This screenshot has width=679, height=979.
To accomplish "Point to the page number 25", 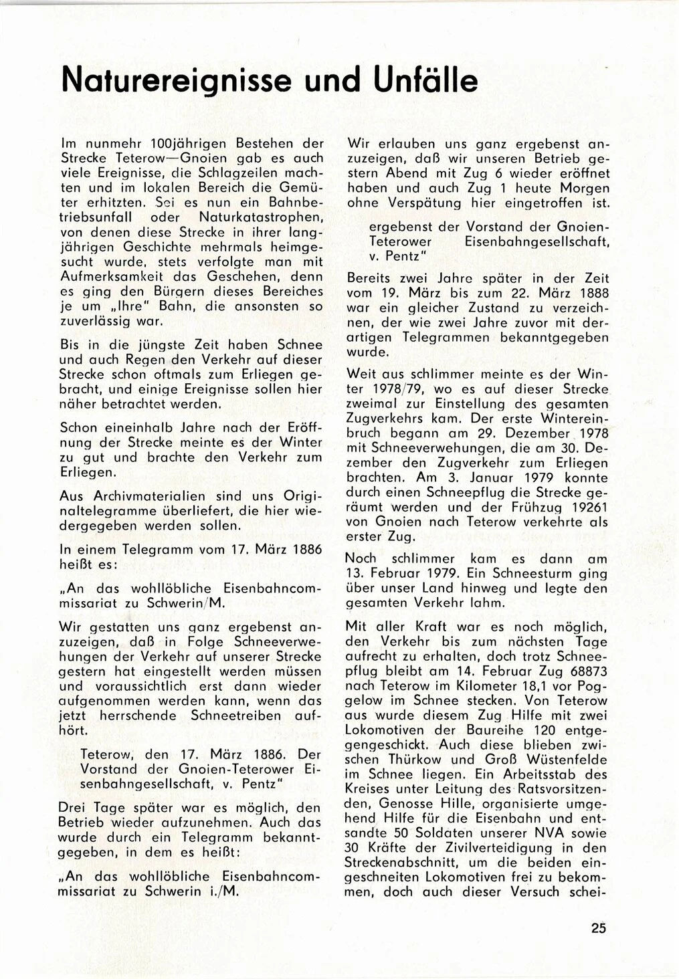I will point(598,928).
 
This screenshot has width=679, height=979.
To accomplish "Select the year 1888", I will point(589,293).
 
